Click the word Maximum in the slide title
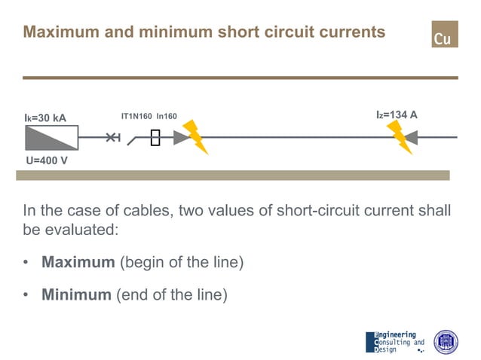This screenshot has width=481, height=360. (x=55, y=32)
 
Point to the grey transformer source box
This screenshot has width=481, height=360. (x=51, y=138)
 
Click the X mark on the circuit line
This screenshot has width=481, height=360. (x=112, y=137)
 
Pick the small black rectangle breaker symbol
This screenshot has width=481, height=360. (x=155, y=138)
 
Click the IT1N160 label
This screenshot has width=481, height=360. (x=136, y=116)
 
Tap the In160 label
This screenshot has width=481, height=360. (x=167, y=116)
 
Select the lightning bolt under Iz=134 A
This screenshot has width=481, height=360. (x=399, y=137)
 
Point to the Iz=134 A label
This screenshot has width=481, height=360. (x=397, y=115)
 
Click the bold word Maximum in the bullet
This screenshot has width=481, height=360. (x=76, y=263)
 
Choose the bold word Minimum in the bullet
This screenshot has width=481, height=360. (x=76, y=294)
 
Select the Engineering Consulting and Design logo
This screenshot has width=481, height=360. (x=394, y=342)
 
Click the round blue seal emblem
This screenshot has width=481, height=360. (x=446, y=342)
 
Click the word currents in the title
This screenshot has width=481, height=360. (x=349, y=32)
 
